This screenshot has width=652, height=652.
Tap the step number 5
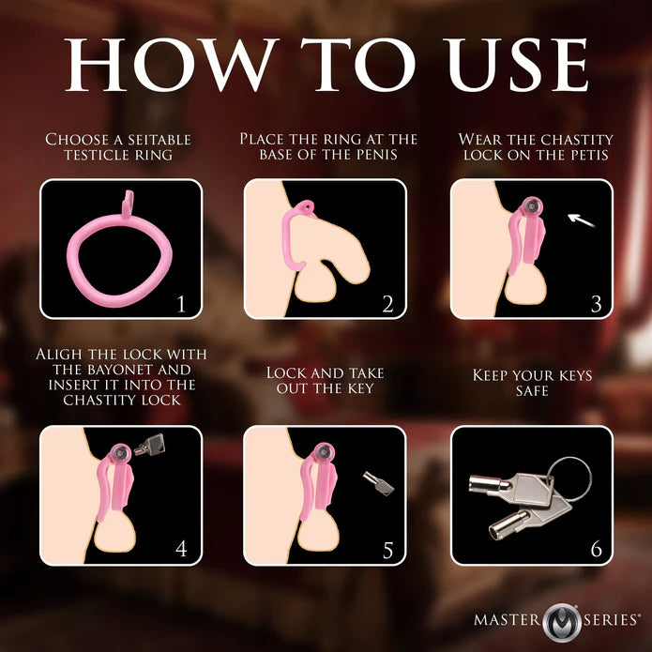(387, 548)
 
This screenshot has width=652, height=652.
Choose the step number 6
(595, 548)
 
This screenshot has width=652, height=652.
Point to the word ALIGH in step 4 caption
(63, 354)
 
